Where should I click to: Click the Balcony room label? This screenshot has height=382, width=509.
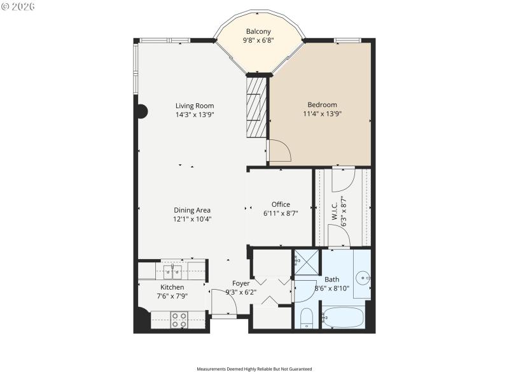coord(258,31)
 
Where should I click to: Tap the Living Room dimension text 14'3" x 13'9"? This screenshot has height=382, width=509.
coord(195,115)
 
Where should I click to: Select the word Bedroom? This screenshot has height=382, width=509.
coord(322,105)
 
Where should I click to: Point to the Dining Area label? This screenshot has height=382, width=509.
coord(192,210)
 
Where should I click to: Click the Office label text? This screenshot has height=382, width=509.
coord(281,204)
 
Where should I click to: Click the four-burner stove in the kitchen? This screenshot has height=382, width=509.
coord(179,319)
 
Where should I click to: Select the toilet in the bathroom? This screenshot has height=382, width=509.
coord(306,318)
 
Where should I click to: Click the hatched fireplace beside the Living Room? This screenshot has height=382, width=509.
coord(256,106)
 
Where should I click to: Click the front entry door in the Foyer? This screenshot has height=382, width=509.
coord(223,302)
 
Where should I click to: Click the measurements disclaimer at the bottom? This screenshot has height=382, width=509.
coord(254,369)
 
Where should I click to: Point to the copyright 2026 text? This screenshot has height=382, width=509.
coord(18,6)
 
